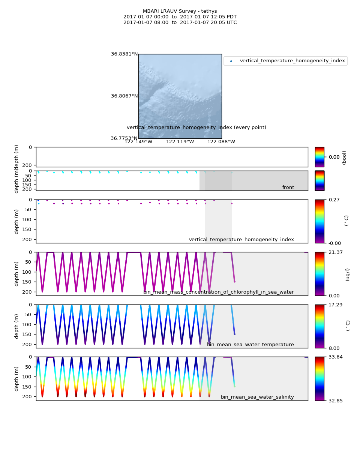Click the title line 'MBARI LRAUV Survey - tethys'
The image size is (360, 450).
click(x=180, y=11)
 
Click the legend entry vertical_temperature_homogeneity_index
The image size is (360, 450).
click(x=292, y=61)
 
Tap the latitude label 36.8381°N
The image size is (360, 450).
click(x=124, y=54)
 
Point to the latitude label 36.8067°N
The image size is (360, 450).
click(x=124, y=96)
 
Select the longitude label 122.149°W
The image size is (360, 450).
click(x=138, y=142)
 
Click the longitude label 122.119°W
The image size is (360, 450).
click(x=180, y=142)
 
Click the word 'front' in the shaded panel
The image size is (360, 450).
click(x=288, y=187)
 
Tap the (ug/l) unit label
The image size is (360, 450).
click(x=348, y=274)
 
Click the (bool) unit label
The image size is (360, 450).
click(x=344, y=157)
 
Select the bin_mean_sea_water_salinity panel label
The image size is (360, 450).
click(x=257, y=397)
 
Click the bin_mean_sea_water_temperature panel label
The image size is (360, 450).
click(x=250, y=345)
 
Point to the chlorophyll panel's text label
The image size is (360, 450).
click(x=219, y=292)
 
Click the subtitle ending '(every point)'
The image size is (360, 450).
click(x=196, y=127)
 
